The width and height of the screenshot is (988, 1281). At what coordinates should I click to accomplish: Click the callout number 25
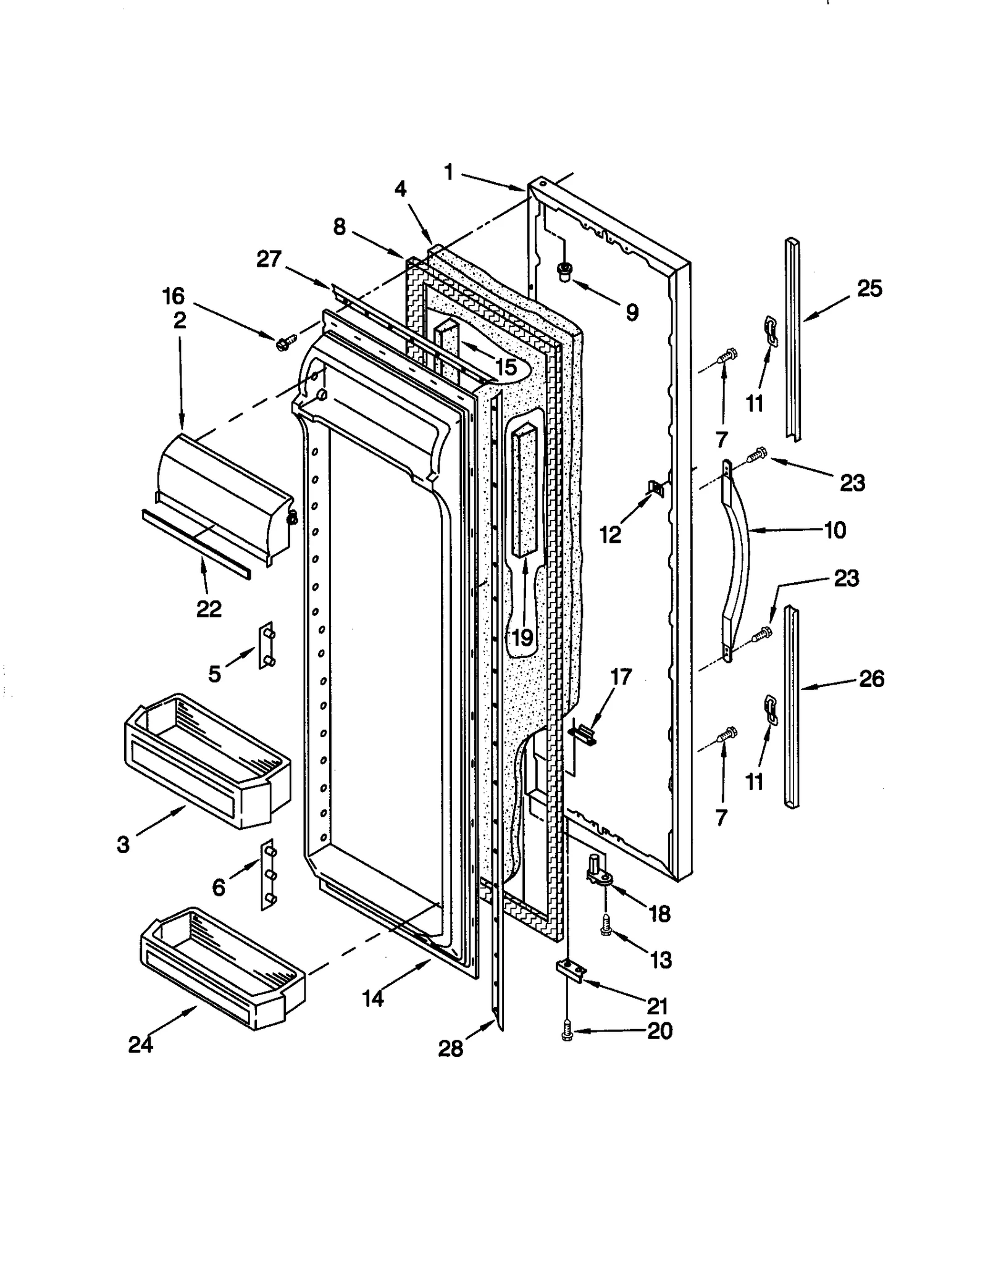[x=869, y=288]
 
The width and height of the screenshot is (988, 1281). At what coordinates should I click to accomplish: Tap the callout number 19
[x=522, y=638]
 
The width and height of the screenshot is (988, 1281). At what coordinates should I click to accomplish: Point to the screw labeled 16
[x=285, y=341]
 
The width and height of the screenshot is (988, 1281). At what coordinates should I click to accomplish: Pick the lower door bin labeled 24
[x=222, y=967]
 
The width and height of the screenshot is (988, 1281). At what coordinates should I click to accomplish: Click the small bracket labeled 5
[x=266, y=645]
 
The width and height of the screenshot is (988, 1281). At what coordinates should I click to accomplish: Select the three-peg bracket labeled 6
[x=267, y=875]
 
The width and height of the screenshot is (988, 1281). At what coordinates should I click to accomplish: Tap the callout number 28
[x=450, y=1048]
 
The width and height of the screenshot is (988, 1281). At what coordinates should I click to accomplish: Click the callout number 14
[x=373, y=998]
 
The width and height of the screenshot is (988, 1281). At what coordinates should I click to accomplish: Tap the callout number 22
[x=209, y=609]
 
